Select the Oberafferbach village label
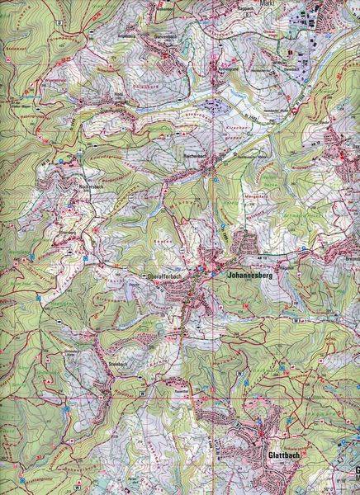(x=163, y=276)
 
